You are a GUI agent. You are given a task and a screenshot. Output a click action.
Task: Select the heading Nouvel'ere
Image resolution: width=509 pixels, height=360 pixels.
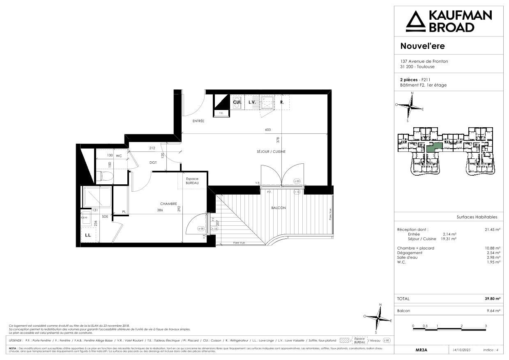422,46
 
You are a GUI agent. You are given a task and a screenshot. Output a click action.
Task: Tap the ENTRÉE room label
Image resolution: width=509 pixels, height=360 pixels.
198,121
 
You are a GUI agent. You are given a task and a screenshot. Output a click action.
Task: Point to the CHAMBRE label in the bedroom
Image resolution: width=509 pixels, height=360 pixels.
168,204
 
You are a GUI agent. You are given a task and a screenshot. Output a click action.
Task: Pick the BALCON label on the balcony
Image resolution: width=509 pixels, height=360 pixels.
278,208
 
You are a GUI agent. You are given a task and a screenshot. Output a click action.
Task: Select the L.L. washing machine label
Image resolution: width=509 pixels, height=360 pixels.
88,235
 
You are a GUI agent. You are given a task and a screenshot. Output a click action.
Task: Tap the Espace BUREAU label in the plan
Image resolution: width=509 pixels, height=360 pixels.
192,181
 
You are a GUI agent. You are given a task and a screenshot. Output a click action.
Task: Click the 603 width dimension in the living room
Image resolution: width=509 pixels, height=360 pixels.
268,130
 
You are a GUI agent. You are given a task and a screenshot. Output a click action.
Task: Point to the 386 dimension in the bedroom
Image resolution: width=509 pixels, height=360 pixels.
160,210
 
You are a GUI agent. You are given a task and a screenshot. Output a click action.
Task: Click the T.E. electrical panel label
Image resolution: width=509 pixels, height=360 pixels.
221,113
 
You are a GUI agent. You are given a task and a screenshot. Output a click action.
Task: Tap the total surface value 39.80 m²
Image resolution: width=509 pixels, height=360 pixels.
492,299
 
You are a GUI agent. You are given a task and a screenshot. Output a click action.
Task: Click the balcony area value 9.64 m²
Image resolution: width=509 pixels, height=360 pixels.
493,311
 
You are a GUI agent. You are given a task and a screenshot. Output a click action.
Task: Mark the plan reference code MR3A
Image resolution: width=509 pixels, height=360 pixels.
421,350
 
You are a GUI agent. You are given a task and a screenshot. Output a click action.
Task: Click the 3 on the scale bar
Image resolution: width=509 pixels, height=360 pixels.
486,326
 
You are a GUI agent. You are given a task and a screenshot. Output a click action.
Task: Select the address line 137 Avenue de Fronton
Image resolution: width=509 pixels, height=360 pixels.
424,61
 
